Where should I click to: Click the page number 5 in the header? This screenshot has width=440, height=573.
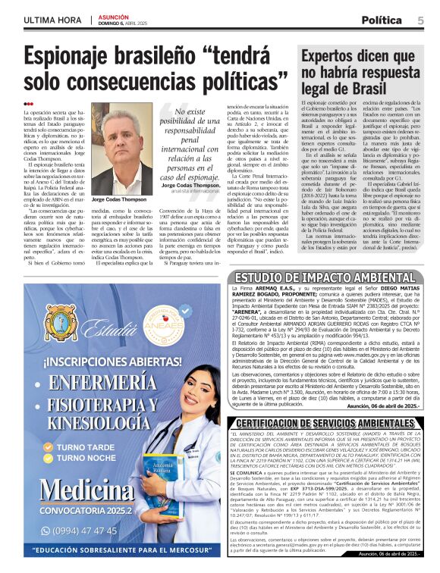420,20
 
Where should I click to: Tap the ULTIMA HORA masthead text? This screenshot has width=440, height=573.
53,20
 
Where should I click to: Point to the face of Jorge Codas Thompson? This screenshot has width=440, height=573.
118,148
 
